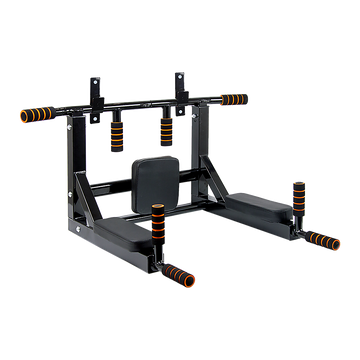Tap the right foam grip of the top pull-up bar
point(234,99)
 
